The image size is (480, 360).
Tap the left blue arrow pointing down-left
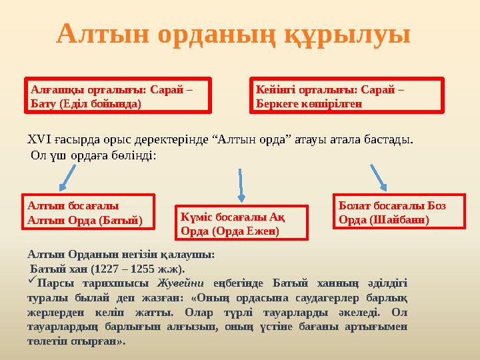pyautogui.click(x=71, y=177)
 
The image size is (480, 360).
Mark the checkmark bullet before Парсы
pyautogui.click(x=32, y=281)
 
